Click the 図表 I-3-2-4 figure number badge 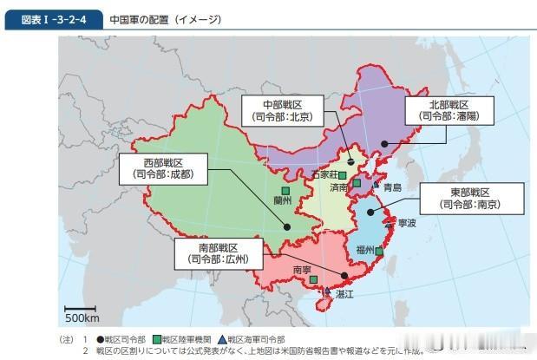pyautogui.click(x=53, y=19)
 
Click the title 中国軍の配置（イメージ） pyautogui.click(x=165, y=19)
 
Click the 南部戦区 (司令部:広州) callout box pyautogui.click(x=218, y=252)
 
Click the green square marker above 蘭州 pyautogui.click(x=284, y=189)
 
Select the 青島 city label pyautogui.click(x=392, y=187)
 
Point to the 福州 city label pyautogui.click(x=363, y=251)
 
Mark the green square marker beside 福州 pyautogui.click(x=379, y=252)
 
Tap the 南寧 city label pyautogui.click(x=302, y=270)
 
